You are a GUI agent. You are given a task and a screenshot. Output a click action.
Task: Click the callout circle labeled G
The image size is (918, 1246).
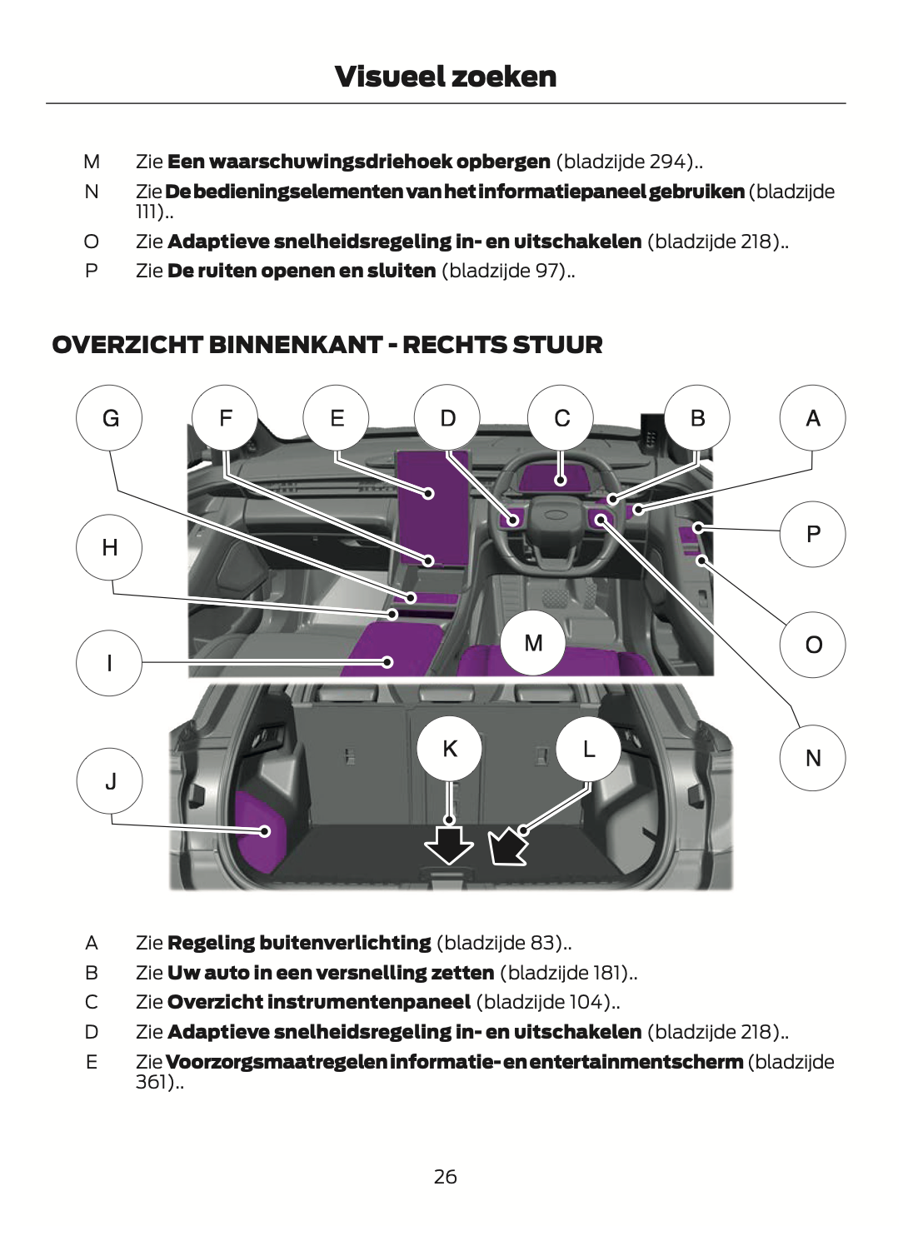109,418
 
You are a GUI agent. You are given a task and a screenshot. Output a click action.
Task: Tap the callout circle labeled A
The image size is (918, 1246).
812,418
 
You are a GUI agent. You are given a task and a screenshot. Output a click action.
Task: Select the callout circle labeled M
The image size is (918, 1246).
533,643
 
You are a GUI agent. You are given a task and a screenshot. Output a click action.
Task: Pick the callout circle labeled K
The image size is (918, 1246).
450,749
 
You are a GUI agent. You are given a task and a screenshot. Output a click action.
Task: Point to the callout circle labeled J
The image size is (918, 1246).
110,781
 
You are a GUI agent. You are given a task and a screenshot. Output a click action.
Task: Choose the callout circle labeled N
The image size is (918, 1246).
812,758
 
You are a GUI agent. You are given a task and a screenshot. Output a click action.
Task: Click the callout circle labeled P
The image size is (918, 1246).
812,534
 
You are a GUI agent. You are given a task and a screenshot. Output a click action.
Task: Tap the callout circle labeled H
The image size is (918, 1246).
109,547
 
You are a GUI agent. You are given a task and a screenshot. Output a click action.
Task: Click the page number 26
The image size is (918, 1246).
446,1176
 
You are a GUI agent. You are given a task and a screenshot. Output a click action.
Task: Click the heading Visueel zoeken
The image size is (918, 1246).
446,77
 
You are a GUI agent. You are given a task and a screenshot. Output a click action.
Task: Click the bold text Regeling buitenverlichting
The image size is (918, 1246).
299,943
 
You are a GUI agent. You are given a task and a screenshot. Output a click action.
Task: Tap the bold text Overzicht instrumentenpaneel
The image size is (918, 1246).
319,1002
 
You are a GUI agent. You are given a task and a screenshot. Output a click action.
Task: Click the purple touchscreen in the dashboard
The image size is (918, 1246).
433,508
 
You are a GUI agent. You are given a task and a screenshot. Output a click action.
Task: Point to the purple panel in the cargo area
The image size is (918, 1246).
259,831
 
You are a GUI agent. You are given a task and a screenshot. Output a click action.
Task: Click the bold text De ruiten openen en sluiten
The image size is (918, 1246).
302,271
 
